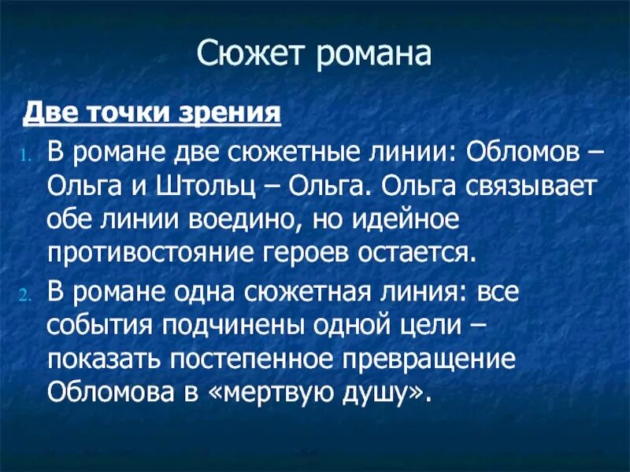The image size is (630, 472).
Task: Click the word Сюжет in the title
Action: click(x=247, y=56)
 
